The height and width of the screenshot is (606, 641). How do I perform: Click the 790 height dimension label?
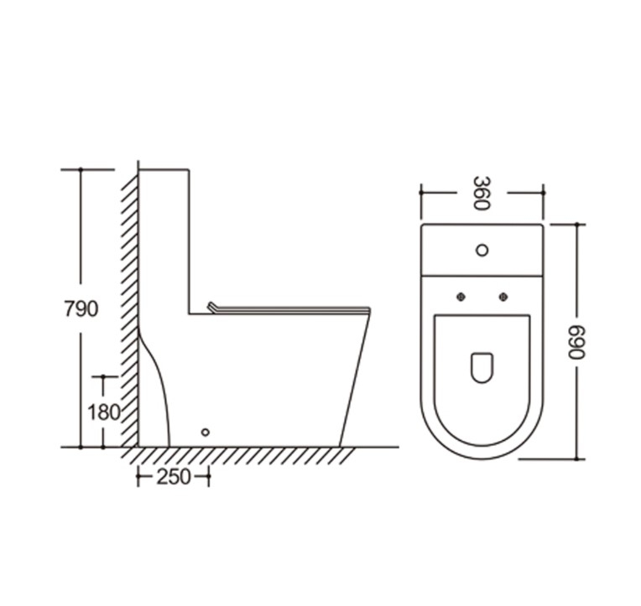coord(81,308)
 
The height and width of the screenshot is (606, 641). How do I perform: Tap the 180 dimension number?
coord(104,412)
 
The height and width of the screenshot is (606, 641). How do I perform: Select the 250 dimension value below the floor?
coord(174,477)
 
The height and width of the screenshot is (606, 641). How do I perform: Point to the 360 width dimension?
coord(482,193)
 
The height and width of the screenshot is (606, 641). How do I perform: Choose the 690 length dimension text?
coord(577,342)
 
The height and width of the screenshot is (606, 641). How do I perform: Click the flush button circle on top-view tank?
coord(482,250)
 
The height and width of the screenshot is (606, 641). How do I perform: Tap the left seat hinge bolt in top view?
coord(461,297)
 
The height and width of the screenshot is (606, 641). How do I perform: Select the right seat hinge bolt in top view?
coord(503,297)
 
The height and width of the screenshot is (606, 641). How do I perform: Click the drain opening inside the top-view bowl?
coord(482,367)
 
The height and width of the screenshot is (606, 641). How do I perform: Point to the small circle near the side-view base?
coord(206,432)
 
